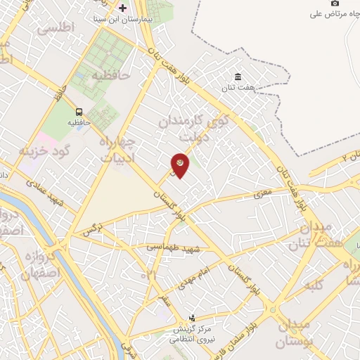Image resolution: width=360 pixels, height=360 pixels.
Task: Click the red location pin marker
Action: (181, 165)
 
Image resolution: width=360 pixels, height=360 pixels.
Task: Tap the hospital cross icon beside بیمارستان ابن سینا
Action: (123, 8)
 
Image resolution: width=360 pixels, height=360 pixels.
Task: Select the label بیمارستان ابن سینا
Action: (134, 18)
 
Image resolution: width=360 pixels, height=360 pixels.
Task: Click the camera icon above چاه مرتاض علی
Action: (335, 3)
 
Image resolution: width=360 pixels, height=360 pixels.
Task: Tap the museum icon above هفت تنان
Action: (238, 77)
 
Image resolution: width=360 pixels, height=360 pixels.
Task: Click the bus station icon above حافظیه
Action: (78, 111)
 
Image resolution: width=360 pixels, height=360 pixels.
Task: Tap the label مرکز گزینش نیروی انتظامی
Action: (193, 334)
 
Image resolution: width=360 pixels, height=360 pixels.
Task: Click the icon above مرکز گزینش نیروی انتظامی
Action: (193, 319)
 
